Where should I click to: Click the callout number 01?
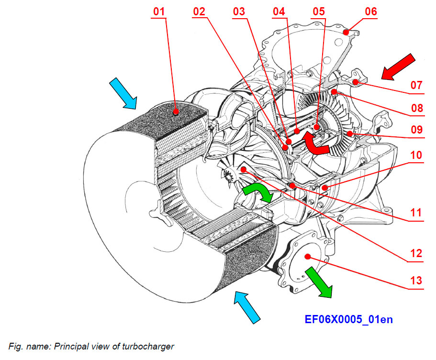pos(160,11)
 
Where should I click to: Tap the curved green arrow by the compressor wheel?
pos(257,192)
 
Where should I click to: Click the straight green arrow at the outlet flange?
pos(319,282)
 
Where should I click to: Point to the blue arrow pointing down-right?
pos(123,93)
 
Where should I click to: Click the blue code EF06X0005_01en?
pos(348,319)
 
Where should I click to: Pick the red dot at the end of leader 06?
pos(345,33)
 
